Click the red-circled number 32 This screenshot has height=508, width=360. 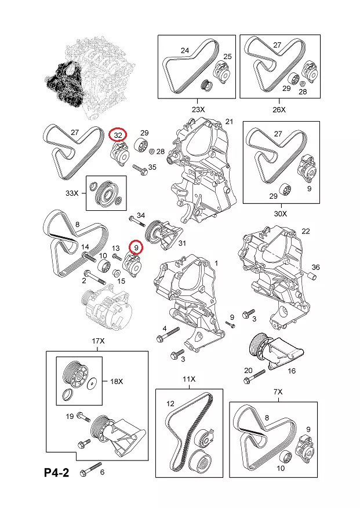coord(118,134)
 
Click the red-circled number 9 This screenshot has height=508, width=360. coord(136,247)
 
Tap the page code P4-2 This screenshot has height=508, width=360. coord(56,473)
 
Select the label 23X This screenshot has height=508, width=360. coord(198,109)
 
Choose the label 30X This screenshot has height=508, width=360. coord(281,213)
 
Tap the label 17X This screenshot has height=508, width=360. coord(99,341)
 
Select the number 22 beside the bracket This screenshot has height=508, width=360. coord(306,231)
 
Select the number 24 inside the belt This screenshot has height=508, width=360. coord(185,50)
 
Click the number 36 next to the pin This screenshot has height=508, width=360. coord(315,267)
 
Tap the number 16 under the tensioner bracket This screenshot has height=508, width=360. coord(292,371)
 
